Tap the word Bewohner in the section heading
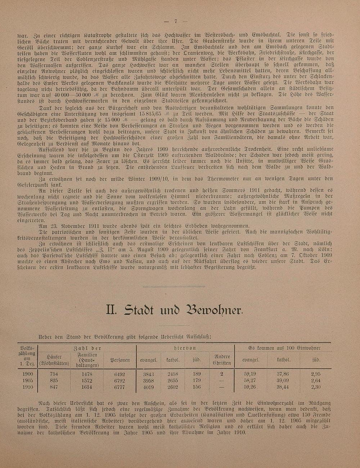(x=213, y=309)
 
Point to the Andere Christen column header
(x=222, y=359)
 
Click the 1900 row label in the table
(x=27, y=374)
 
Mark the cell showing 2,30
(x=315, y=387)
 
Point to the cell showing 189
(x=197, y=374)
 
